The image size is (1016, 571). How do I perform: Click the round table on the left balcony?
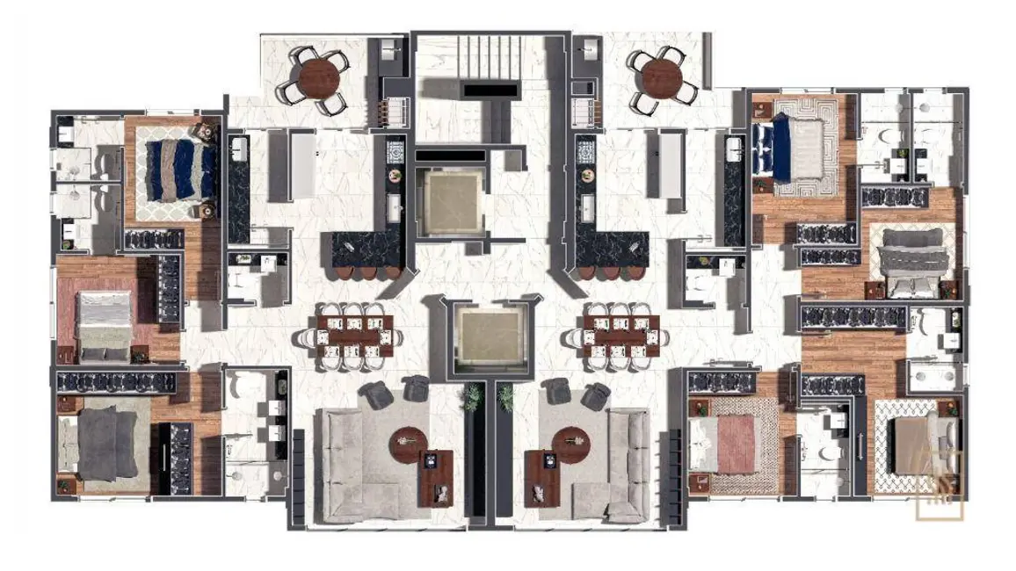pyautogui.click(x=318, y=77)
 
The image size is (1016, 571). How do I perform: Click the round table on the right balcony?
pyautogui.click(x=663, y=77)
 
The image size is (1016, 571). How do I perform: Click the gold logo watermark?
pyautogui.click(x=940, y=486)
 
